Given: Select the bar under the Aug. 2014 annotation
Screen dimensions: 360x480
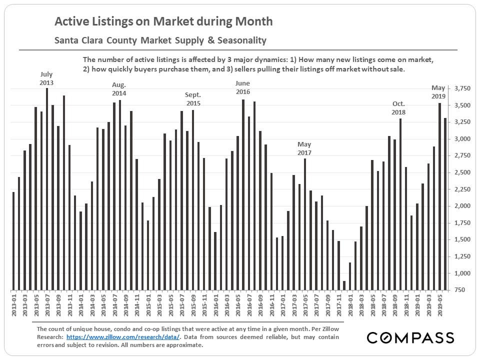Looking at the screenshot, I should (120, 195).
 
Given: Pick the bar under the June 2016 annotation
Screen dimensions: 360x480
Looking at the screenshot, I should (243, 195).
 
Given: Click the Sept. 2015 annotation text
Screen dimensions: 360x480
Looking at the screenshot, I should (193, 98).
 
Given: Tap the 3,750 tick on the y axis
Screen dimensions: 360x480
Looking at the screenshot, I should (463, 88).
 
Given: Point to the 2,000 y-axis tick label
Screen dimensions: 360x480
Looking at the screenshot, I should (463, 206).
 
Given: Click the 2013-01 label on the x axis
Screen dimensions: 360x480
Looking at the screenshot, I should (13, 304).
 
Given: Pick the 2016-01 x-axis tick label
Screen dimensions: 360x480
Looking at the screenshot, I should (215, 304).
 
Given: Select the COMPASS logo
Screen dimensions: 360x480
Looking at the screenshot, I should (410, 337).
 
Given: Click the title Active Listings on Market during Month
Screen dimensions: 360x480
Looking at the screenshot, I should (163, 21).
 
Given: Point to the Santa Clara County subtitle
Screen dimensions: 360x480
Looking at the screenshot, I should (160, 40).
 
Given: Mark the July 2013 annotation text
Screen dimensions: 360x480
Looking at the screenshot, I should (46, 78).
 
